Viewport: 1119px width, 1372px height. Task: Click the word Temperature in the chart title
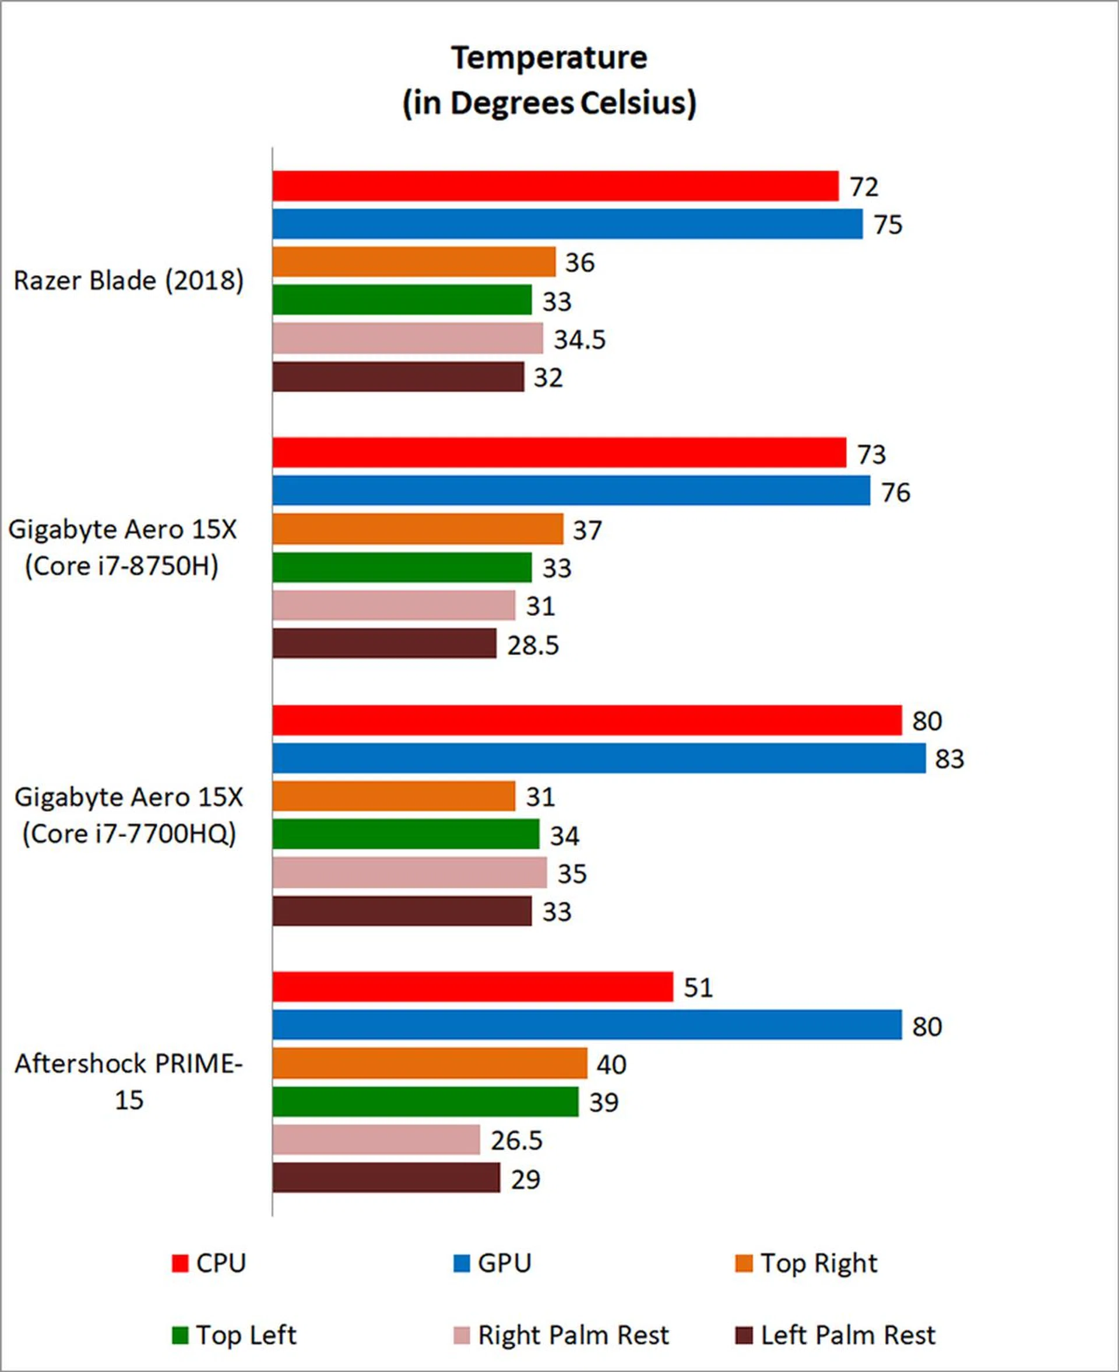pyautogui.click(x=548, y=58)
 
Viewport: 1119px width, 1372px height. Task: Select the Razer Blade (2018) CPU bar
pyautogui.click(x=555, y=187)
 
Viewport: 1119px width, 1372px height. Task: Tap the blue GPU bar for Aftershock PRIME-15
pyautogui.click(x=586, y=1025)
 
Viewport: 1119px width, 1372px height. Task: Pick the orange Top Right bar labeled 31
pyautogui.click(x=393, y=797)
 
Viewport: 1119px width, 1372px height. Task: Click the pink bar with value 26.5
pyautogui.click(x=376, y=1140)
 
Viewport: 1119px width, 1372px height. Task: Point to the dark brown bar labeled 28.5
pyautogui.click(x=384, y=644)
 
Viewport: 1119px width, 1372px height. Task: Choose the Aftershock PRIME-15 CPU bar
pyautogui.click(x=473, y=987)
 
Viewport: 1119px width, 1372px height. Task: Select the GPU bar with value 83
pyautogui.click(x=599, y=758)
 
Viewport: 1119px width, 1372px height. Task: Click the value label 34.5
pyautogui.click(x=579, y=340)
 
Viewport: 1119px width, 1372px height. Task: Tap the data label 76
pyautogui.click(x=895, y=492)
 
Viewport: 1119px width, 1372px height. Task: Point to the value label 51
pyautogui.click(x=698, y=987)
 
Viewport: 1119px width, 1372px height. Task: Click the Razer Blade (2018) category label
pyautogui.click(x=129, y=281)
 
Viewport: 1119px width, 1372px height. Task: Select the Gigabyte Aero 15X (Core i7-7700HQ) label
pyautogui.click(x=129, y=815)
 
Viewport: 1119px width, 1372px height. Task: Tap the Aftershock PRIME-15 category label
pyautogui.click(x=129, y=1081)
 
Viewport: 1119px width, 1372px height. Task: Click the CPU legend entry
pyautogui.click(x=209, y=1263)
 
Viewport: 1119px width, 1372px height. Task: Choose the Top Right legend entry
pyautogui.click(x=805, y=1263)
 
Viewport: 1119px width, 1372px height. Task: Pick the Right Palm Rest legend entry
pyautogui.click(x=561, y=1335)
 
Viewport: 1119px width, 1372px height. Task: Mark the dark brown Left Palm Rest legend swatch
pyautogui.click(x=744, y=1335)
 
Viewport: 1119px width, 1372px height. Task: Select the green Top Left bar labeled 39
pyautogui.click(x=425, y=1102)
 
